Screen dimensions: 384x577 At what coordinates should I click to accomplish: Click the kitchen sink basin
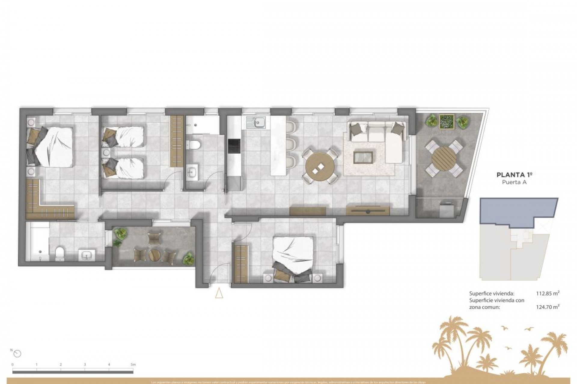tap(259, 122)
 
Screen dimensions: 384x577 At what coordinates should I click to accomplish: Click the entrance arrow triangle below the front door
tap(219, 293)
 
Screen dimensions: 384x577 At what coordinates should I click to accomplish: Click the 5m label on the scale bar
tap(133, 364)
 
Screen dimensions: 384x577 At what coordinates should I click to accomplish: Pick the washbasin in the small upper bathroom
tap(191, 172)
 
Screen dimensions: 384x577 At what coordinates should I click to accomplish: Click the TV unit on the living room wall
tap(368, 211)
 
